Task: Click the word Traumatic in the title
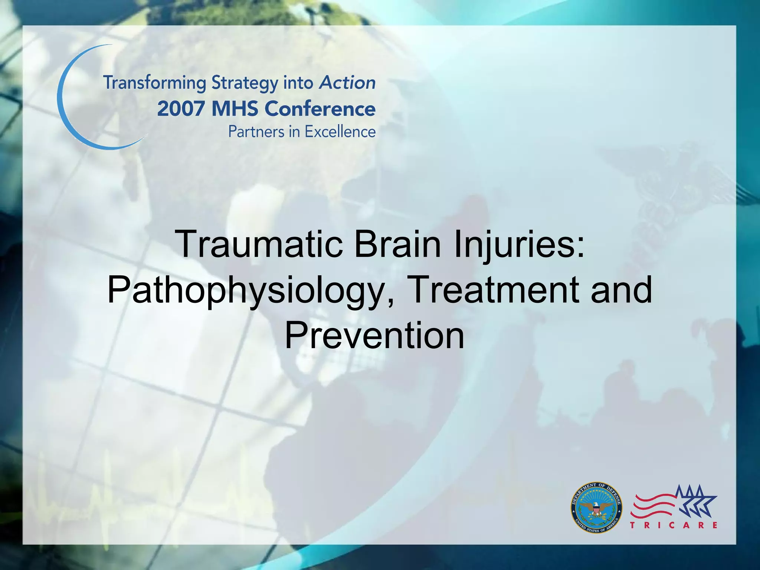260,244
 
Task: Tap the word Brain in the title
397,244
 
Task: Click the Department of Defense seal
596,507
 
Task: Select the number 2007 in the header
181,109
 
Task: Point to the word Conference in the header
320,109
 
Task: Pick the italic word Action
347,82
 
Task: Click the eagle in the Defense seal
596,508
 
